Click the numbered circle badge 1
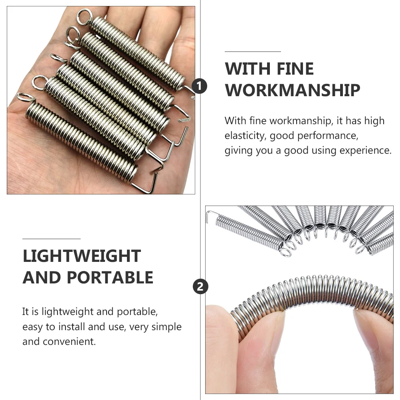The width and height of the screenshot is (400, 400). [200, 86]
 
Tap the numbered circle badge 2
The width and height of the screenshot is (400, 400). [200, 287]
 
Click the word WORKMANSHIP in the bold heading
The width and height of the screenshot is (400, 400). [292, 90]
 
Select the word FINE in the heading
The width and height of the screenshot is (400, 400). [295, 69]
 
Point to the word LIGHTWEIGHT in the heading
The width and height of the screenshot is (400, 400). [81, 256]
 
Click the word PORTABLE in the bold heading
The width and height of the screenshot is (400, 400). [110, 277]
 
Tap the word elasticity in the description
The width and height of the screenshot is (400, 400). [246, 136]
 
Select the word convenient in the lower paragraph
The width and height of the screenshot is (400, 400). [69, 342]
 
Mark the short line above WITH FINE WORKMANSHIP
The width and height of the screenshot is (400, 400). [253, 51]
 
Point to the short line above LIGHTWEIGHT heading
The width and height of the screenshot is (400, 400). [51, 239]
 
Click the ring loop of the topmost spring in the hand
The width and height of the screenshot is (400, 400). [85, 17]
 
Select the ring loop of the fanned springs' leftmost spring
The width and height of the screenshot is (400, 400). [285, 253]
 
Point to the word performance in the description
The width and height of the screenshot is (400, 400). [328, 136]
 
